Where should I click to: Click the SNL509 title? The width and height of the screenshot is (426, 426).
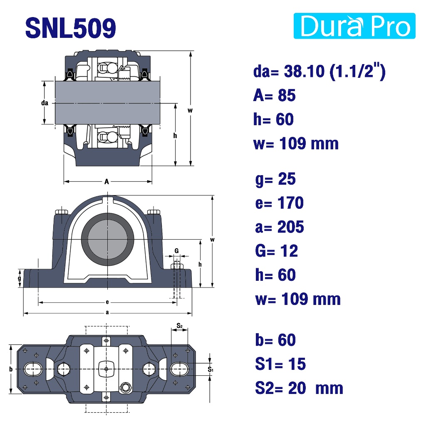(x=71, y=28)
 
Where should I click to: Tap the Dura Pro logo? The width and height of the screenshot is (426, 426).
(x=354, y=26)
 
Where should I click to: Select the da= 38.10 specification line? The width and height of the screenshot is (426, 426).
(x=319, y=72)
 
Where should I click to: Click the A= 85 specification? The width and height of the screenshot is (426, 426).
(x=274, y=95)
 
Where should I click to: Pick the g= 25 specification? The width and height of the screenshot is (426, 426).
(x=275, y=179)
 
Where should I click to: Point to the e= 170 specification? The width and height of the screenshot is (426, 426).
(x=279, y=203)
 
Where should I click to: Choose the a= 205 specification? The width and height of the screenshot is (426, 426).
(x=279, y=227)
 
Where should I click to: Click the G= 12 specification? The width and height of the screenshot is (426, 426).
(x=276, y=251)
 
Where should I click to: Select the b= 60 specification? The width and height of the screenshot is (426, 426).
(x=275, y=340)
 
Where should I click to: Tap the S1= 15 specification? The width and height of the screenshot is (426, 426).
(x=280, y=364)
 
